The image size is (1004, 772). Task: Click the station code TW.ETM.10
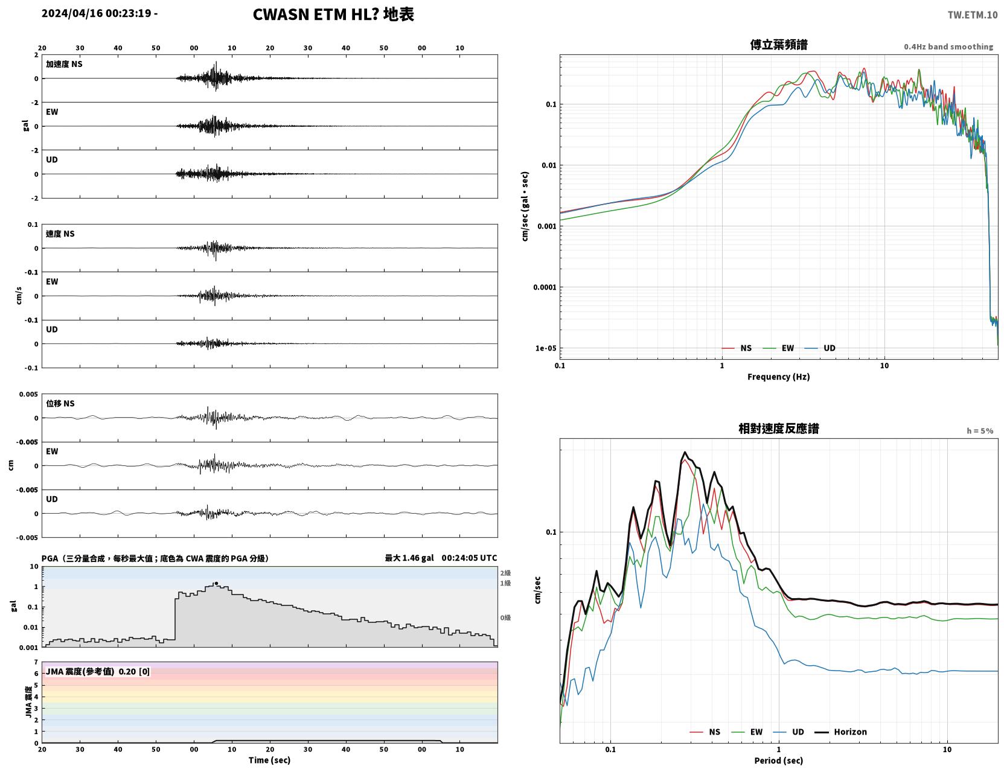[x=972, y=14]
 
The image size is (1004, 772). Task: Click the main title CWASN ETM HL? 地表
[x=333, y=14]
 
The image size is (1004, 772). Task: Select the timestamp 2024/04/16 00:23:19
[x=97, y=13]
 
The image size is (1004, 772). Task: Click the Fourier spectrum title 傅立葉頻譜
[x=779, y=45]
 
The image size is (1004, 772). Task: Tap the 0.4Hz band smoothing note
[x=948, y=46]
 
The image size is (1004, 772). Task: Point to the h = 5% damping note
[x=979, y=431]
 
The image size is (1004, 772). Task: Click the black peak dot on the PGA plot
[x=216, y=584]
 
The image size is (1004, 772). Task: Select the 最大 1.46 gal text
[x=409, y=558]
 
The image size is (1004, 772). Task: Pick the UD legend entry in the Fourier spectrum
[x=820, y=348]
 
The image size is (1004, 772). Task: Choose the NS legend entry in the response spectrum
[x=705, y=732]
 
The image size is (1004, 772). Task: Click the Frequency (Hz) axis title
[x=779, y=377]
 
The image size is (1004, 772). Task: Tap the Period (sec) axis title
[x=779, y=761]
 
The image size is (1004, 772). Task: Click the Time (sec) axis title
[x=269, y=760]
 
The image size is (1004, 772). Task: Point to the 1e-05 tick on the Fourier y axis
[x=546, y=348]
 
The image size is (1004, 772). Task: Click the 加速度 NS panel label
[x=64, y=64]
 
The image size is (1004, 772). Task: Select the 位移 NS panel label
[x=60, y=404]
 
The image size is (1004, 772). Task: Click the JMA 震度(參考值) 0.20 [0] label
[x=97, y=671]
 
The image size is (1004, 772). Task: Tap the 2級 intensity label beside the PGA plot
[x=505, y=573]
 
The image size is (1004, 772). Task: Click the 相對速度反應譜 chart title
[x=779, y=429]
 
